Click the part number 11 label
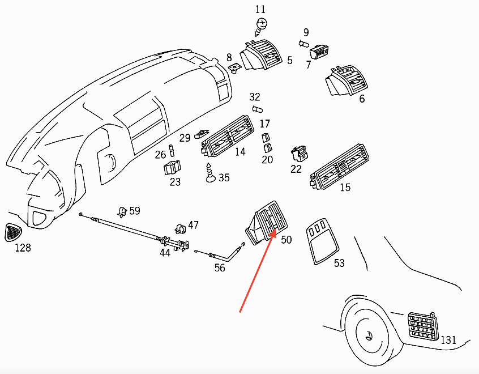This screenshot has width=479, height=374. coord(260,9)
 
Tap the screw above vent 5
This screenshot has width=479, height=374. coord(262,24)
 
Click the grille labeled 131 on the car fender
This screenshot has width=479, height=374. coord(422,328)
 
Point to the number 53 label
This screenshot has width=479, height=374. coord(339,263)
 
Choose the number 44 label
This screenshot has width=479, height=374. coord(165,253)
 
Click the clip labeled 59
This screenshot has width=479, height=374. coord(122,212)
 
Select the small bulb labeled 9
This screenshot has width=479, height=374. coord(303,44)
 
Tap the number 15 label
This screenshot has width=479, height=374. coord(345,188)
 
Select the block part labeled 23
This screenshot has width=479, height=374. coord(172,168)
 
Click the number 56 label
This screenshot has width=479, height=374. coord(220,267)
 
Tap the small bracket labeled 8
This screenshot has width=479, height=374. coord(234,67)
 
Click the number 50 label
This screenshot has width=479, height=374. coord(286,240)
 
